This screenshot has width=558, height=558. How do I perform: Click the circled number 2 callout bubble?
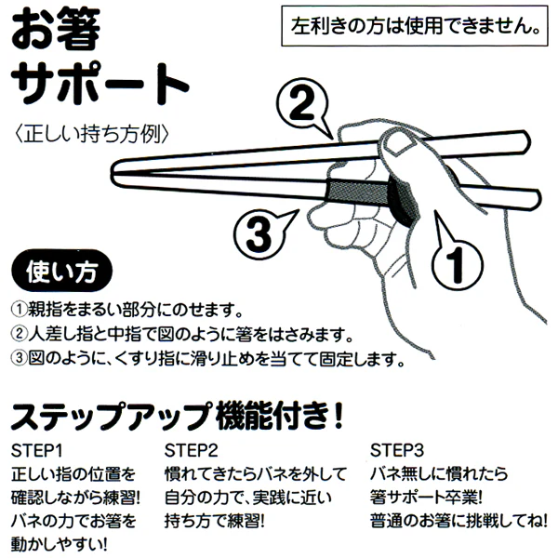pos(302,104)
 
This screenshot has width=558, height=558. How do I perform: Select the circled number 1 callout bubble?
pos(457,262)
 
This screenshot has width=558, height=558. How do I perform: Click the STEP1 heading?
pos(36,451)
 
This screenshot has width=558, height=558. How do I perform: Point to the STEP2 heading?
pos(191,451)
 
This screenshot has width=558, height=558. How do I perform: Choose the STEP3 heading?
pos(397,451)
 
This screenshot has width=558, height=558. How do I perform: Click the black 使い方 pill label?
pos(62,271)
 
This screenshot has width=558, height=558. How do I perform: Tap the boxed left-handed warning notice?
pos(415,26)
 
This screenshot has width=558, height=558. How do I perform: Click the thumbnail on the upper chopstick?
pos(401,145)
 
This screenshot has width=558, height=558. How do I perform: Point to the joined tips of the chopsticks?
pos(114,173)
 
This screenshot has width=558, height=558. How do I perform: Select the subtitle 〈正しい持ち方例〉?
pos(91,133)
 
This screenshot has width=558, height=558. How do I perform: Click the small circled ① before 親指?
pos(20,310)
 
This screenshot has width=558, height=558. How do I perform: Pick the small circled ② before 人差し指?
pos(20,334)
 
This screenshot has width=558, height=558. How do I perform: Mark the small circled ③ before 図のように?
pos(20,358)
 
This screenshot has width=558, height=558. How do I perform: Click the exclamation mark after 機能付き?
pos(339,416)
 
